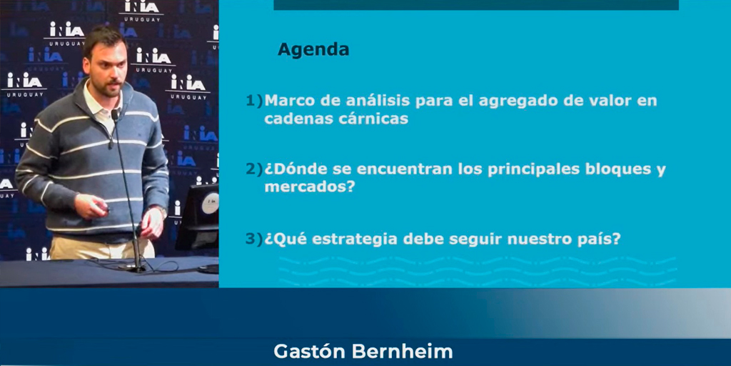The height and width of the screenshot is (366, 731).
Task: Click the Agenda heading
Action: point(313,50)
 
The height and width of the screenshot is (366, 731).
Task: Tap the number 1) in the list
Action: point(255,101)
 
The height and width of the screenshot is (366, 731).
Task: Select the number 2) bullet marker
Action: point(255,170)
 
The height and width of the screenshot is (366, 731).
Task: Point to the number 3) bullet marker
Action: point(255,239)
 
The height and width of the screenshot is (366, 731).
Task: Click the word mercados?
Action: point(311,188)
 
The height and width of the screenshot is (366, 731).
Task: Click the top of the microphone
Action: point(115,114)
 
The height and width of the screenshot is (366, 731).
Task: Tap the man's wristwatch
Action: point(162,211)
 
